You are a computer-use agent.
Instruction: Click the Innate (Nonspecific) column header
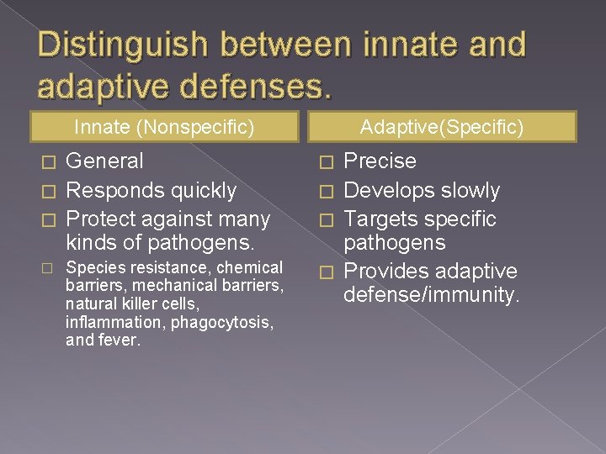(x=164, y=128)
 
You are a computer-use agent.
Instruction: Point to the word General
(x=104, y=161)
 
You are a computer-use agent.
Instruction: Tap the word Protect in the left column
(x=100, y=219)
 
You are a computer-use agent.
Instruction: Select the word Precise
(x=380, y=161)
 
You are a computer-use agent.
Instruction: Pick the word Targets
(x=385, y=219)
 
